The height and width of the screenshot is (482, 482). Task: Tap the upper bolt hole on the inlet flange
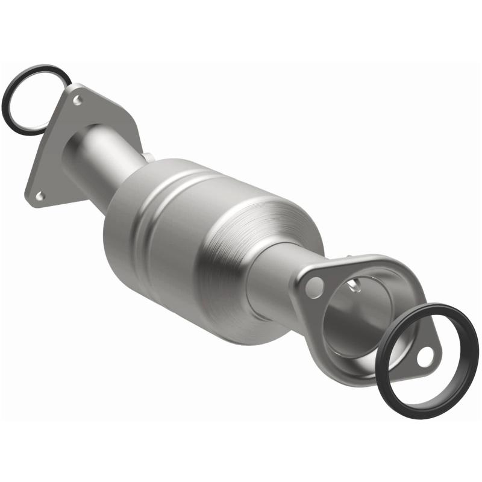click(77, 100)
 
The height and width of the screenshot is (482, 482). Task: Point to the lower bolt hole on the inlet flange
click(40, 195)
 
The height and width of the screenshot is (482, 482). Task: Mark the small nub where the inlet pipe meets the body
click(146, 158)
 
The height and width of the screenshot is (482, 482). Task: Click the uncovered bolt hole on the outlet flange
click(313, 289)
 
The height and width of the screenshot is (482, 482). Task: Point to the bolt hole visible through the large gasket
click(425, 357)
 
